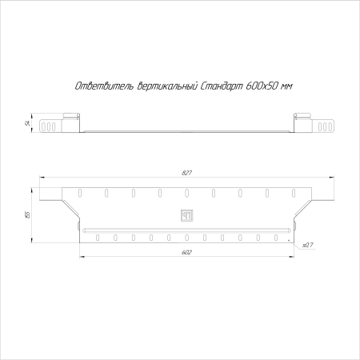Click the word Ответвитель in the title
coord(104,86)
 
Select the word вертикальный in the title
coord(166,86)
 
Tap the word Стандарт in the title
coord(221,86)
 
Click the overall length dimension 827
coord(186,173)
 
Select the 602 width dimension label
coord(186,252)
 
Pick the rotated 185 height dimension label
coord(27,214)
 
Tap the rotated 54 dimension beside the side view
coord(27,123)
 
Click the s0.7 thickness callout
coord(308,245)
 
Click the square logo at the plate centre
coord(186,215)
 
